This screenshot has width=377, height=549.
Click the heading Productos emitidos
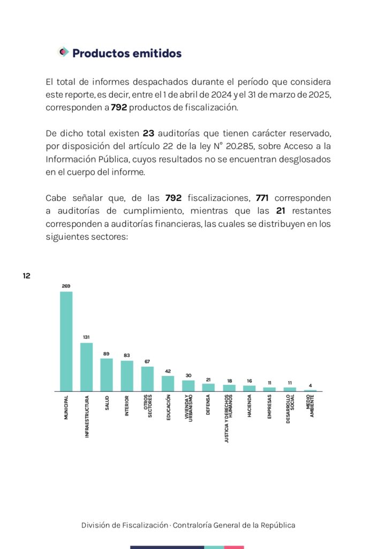(127, 54)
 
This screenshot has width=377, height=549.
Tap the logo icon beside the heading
(63, 52)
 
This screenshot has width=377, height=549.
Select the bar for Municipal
(66, 341)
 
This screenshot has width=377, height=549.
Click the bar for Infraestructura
(86, 367)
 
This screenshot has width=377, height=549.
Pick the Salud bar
(107, 375)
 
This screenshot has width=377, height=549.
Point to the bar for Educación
(168, 383)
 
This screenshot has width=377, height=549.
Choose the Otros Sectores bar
(147, 379)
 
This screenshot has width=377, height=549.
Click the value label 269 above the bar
(66, 286)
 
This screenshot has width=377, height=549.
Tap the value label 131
(86, 337)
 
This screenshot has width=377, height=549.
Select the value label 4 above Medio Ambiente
(311, 385)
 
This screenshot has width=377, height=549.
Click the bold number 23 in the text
(148, 132)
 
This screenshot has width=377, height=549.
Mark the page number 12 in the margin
(26, 276)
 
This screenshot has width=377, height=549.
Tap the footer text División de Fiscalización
(124, 525)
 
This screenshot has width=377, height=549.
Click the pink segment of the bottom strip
(234, 547)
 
